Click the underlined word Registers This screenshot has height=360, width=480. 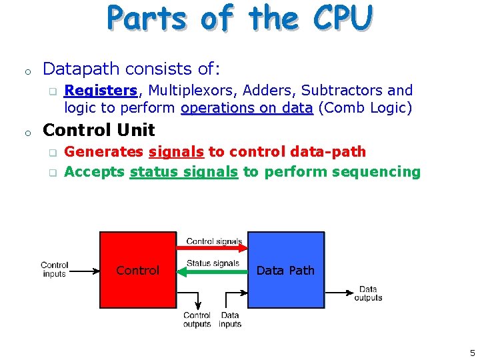101,90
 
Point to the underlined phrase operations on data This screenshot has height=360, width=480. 247,108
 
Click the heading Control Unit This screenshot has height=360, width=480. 99,130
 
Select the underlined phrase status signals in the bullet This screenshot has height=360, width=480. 184,172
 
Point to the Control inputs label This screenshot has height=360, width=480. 55,269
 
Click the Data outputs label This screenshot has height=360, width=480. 368,293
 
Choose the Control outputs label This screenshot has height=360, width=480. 197,320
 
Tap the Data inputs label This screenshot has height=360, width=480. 230,320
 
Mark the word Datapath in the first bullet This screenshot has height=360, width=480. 80,69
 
